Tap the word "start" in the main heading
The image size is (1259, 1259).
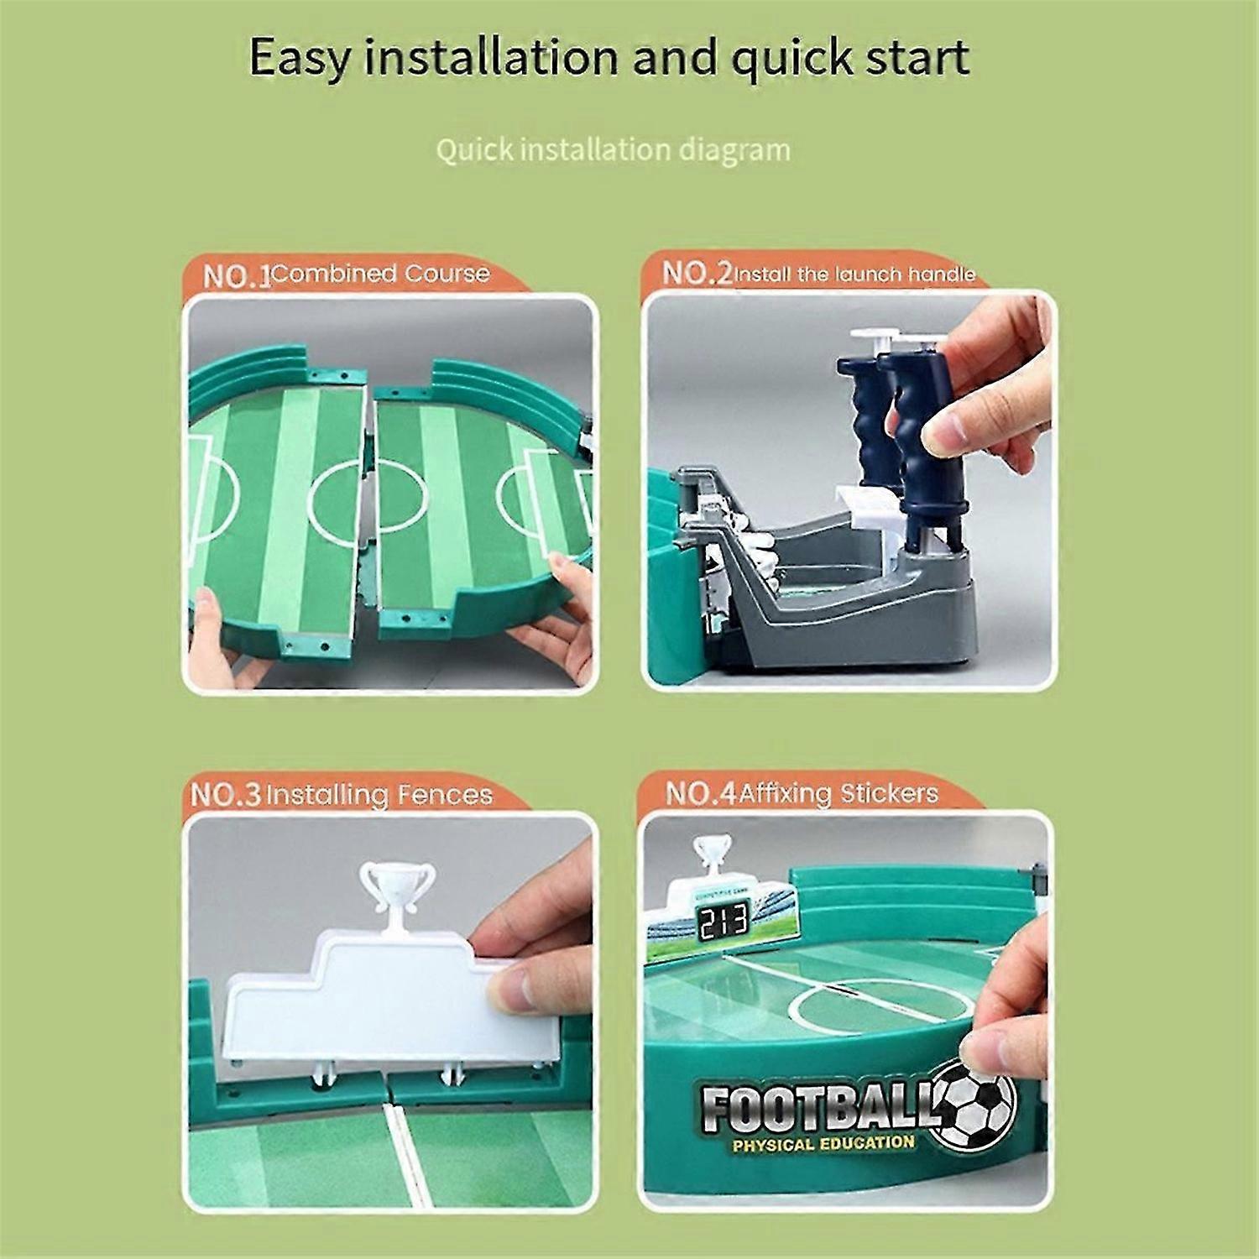(x=911, y=57)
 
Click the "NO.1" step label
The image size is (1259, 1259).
(x=237, y=275)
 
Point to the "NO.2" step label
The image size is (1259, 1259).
(x=697, y=273)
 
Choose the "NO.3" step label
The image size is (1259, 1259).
(x=227, y=795)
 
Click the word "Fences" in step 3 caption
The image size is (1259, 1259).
(x=441, y=794)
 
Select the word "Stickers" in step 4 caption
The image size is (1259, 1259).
(x=889, y=792)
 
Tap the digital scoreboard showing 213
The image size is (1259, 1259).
(x=722, y=921)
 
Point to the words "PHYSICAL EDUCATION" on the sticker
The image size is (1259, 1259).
(x=823, y=1143)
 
